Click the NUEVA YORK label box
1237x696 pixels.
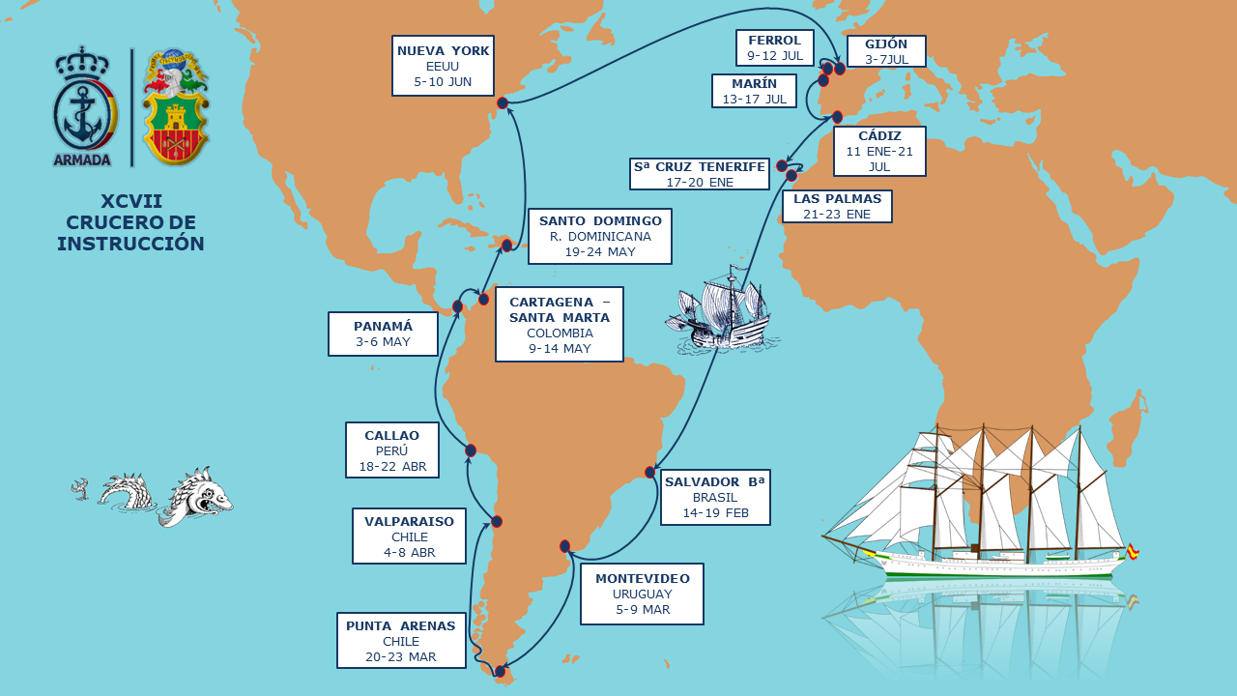(x=443, y=66)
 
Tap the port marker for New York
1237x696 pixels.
(x=503, y=102)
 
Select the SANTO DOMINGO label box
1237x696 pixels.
(x=599, y=236)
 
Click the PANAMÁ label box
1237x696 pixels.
(x=383, y=333)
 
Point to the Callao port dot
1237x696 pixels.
(x=471, y=450)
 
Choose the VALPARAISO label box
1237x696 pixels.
(x=409, y=536)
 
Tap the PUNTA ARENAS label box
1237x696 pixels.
(x=401, y=640)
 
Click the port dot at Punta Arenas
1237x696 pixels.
(x=500, y=671)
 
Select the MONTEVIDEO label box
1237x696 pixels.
(x=642, y=594)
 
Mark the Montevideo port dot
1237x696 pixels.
(x=565, y=546)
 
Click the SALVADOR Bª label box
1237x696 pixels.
(x=715, y=497)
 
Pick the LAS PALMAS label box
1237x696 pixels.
(x=837, y=206)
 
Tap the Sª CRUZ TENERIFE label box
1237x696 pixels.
(x=700, y=174)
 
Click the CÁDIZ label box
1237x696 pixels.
(x=878, y=151)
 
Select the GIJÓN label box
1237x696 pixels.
(x=886, y=51)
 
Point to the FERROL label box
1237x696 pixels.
(x=775, y=47)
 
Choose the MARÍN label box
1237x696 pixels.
(x=754, y=91)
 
